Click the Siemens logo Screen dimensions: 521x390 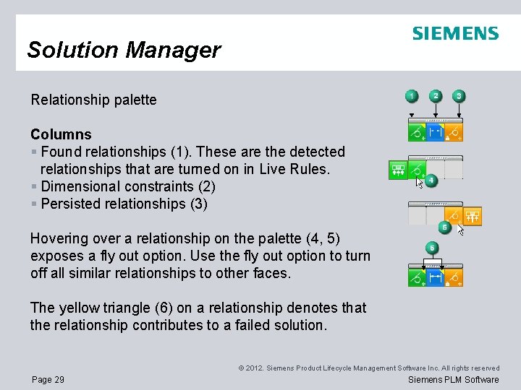tap(455, 33)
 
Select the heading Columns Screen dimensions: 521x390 tap(61, 134)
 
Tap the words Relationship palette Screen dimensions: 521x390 tap(93, 100)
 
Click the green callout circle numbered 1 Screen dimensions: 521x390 tap(412, 96)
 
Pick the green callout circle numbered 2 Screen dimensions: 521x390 tap(435, 96)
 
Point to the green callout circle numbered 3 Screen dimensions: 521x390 tap(459, 96)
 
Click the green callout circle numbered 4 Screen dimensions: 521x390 tap(431, 180)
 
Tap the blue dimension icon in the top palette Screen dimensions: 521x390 tap(435, 132)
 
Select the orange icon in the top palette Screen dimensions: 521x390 tap(454, 132)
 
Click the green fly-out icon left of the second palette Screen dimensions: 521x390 tap(398, 170)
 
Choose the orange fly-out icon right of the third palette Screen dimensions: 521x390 tap(473, 215)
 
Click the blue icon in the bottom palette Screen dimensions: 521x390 tap(435, 277)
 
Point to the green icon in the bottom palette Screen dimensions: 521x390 tap(417, 277)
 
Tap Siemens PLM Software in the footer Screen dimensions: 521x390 tap(454, 380)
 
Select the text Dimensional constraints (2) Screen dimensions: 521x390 tap(128, 186)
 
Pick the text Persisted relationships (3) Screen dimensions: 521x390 tap(124, 204)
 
